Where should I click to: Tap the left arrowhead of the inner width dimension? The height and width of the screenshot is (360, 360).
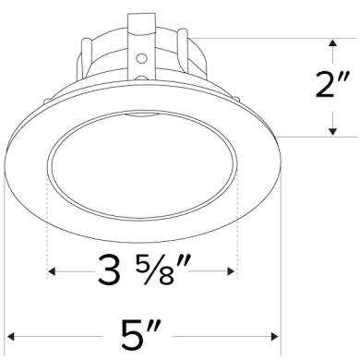(51, 271)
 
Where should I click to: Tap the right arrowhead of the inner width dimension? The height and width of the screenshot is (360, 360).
(233, 271)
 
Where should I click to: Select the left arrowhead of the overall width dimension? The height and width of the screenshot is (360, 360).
(10, 334)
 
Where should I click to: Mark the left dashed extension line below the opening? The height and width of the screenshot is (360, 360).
(46, 222)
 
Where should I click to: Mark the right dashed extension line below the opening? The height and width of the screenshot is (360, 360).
(238, 222)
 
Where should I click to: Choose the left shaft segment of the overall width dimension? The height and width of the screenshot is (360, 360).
(55, 334)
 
